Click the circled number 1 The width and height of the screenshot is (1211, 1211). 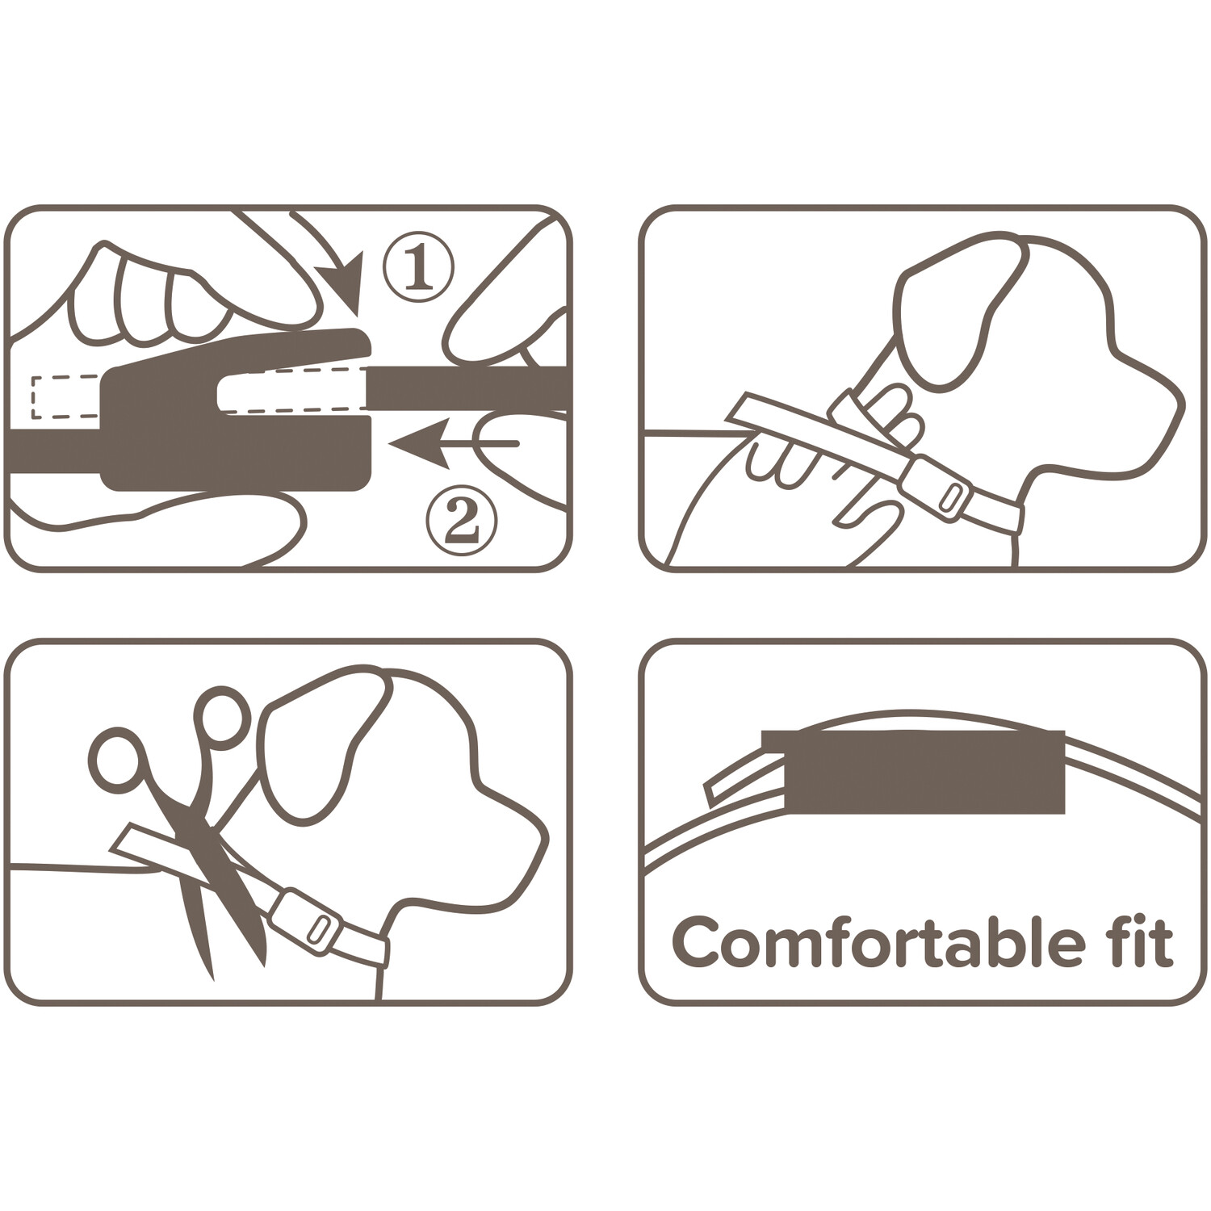point(418,267)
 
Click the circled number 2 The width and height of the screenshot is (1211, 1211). point(462,522)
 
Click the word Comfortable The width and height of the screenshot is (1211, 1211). point(878,942)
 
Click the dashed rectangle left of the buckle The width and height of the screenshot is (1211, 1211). point(65,397)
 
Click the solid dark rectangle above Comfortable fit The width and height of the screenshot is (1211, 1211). point(913,772)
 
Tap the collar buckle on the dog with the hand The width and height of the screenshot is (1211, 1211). point(937,488)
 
